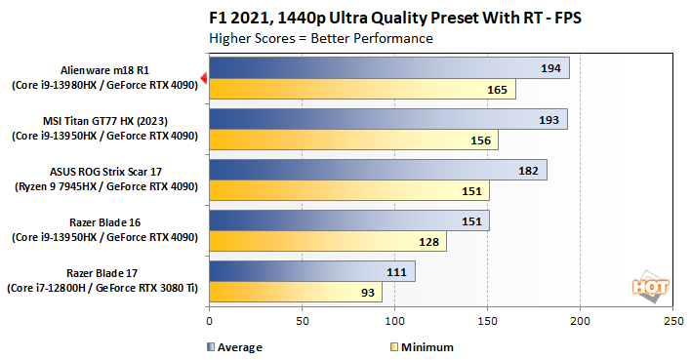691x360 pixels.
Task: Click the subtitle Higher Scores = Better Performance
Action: (x=321, y=38)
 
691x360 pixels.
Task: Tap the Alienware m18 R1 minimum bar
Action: (x=362, y=90)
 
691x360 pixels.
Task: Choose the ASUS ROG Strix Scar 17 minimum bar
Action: (x=348, y=191)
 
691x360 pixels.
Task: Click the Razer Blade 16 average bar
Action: (x=348, y=220)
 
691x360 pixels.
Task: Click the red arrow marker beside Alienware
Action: (x=203, y=78)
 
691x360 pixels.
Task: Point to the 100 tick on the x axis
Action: (x=394, y=321)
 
